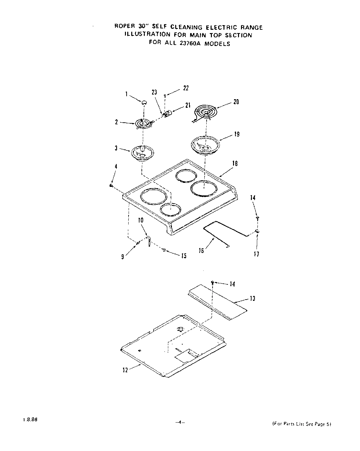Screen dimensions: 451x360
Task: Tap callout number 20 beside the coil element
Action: coord(236,102)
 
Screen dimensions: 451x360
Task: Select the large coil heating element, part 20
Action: coord(205,112)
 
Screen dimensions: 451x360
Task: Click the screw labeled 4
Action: coord(111,186)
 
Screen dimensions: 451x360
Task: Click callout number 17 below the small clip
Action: coord(257,254)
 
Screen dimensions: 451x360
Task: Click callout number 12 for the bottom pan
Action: coord(125,370)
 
